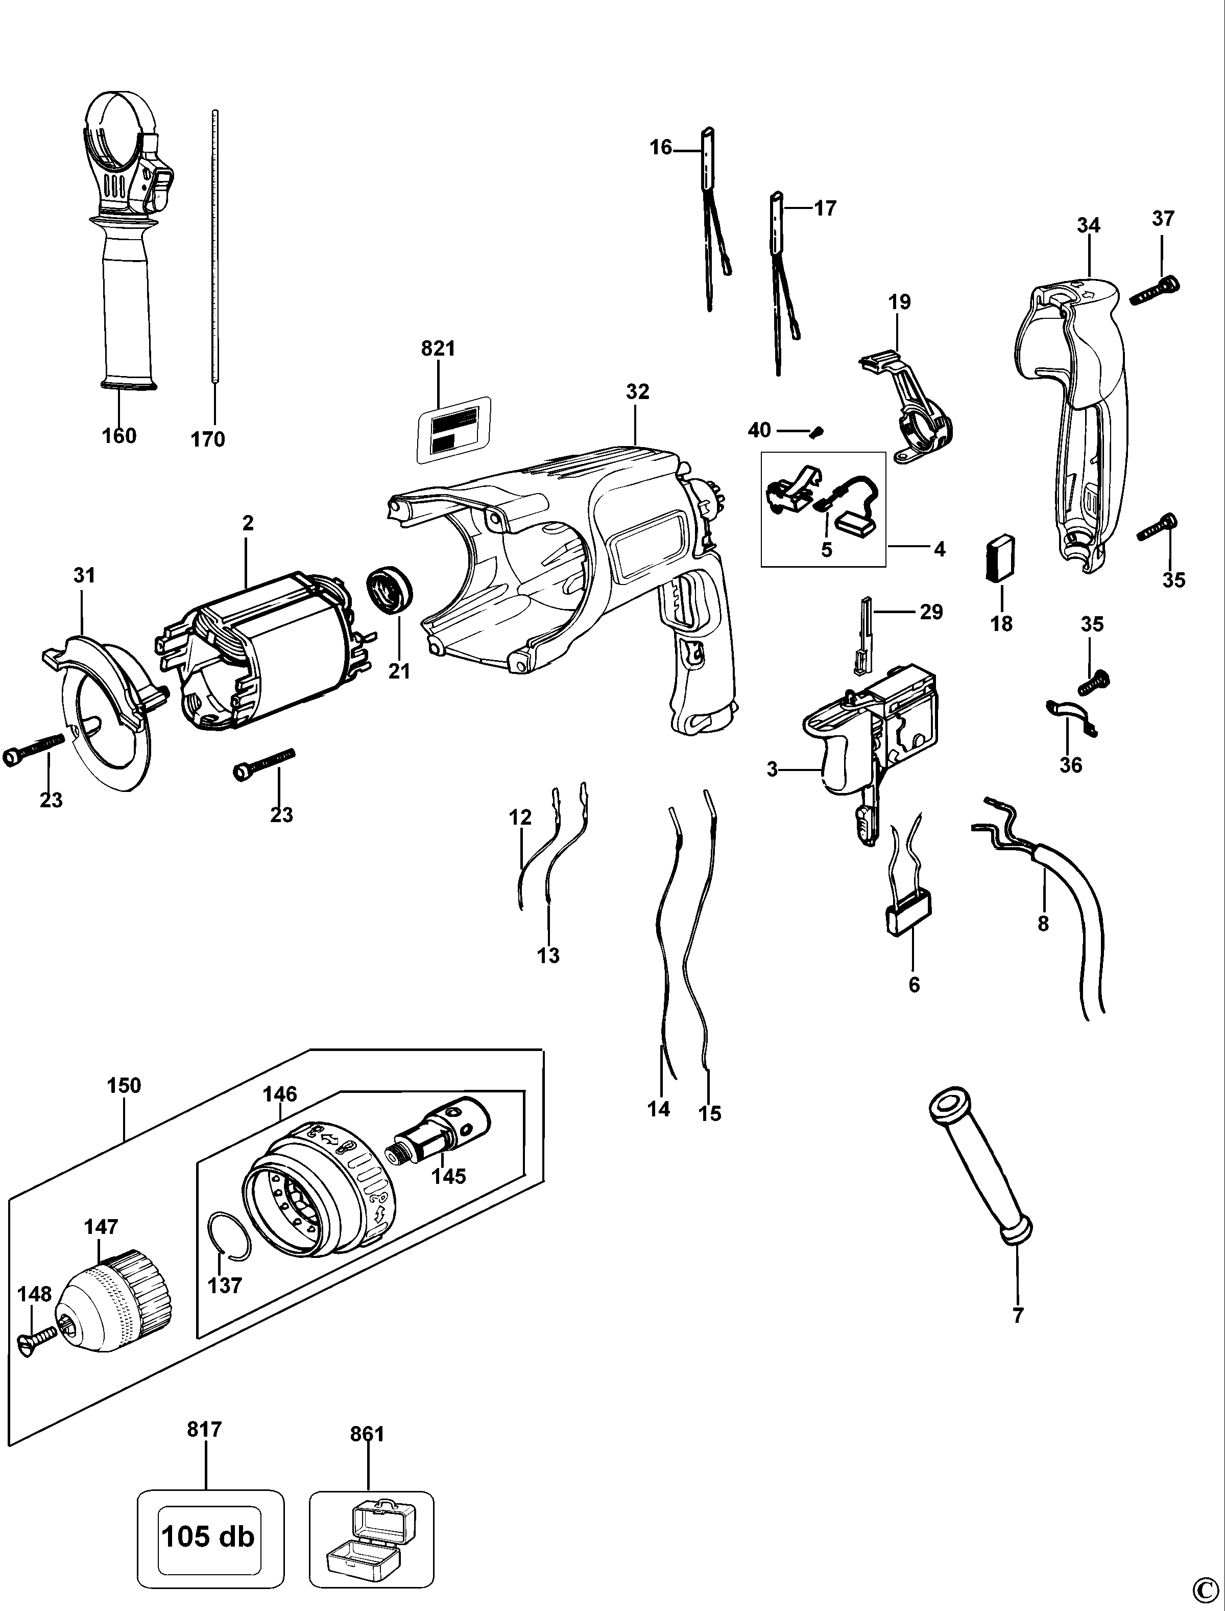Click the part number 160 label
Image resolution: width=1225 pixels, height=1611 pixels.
[119, 436]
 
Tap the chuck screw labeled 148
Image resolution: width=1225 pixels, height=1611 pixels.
[36, 1338]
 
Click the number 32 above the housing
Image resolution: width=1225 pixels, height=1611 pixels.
[637, 392]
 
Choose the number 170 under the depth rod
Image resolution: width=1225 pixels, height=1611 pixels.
[208, 439]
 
